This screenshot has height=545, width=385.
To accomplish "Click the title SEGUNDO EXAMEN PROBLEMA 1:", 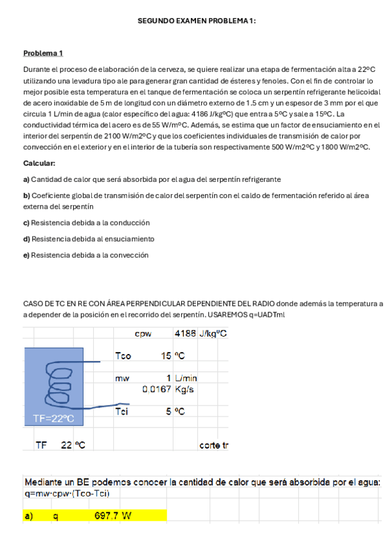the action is (x=197, y=21).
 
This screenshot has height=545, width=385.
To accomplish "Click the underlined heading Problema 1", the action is (x=43, y=53).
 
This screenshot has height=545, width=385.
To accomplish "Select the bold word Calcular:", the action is (x=39, y=163).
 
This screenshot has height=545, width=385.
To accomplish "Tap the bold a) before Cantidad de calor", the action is (x=26, y=179).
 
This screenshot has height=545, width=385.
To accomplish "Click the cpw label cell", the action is (x=143, y=334).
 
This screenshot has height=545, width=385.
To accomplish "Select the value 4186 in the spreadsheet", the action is (x=185, y=334).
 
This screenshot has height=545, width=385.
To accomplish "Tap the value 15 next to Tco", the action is (x=166, y=355).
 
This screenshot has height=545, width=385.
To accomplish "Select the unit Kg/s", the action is (x=184, y=389).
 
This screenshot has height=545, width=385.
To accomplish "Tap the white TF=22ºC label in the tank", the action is (x=53, y=418).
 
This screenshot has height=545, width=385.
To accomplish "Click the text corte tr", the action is (x=214, y=445).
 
